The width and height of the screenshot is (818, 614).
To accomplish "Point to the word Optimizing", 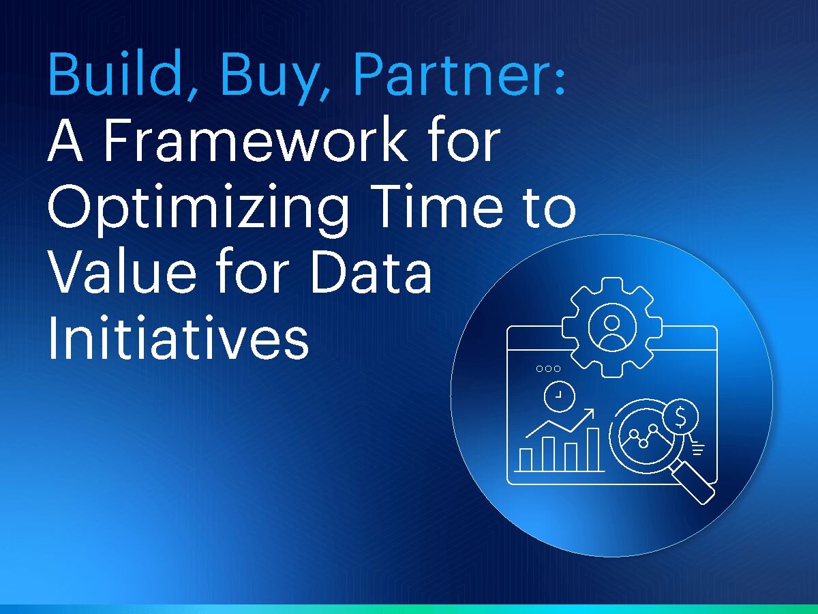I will tap(198, 209).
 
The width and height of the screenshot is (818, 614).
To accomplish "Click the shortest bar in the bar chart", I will tap(526, 459).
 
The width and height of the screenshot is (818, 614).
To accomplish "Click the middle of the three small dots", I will tap(548, 368).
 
